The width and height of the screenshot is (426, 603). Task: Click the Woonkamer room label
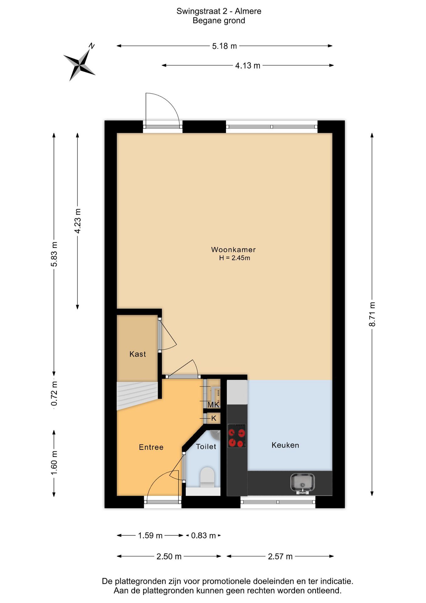pos(233,250)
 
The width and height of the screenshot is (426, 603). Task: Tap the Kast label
pos(138,354)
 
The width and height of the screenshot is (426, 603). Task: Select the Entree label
pos(151,447)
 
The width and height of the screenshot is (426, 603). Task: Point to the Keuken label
pos(285,445)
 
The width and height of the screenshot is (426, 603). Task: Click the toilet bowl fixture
pos(207,478)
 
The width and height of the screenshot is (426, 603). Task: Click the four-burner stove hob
pos(237,436)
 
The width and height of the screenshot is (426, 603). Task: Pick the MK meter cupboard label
pos(213,405)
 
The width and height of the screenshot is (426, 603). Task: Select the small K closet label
pos(214,418)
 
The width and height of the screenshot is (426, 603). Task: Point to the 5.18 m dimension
pos(224,46)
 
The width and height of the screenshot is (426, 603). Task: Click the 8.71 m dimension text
pos(372,314)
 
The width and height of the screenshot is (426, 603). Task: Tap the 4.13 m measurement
pos(248,66)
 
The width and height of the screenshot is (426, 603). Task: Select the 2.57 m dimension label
pos(280,557)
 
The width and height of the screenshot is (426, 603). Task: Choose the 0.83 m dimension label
pos(203,535)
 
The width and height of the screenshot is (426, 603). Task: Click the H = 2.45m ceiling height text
pos(235,258)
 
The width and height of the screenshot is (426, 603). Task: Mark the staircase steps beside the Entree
pos(137,395)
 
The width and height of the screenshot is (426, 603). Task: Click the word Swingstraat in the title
pos(199,11)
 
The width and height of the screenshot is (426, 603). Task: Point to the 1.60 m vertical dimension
pos(54,463)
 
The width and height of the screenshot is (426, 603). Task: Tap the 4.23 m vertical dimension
pos(77,221)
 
